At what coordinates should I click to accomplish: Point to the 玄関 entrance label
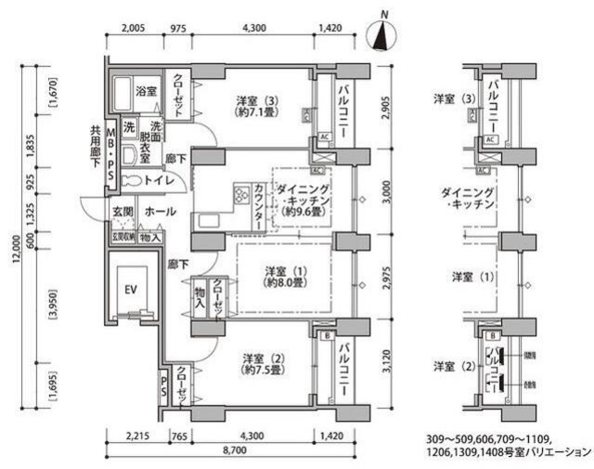124,212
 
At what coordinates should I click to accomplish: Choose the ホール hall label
161,212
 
